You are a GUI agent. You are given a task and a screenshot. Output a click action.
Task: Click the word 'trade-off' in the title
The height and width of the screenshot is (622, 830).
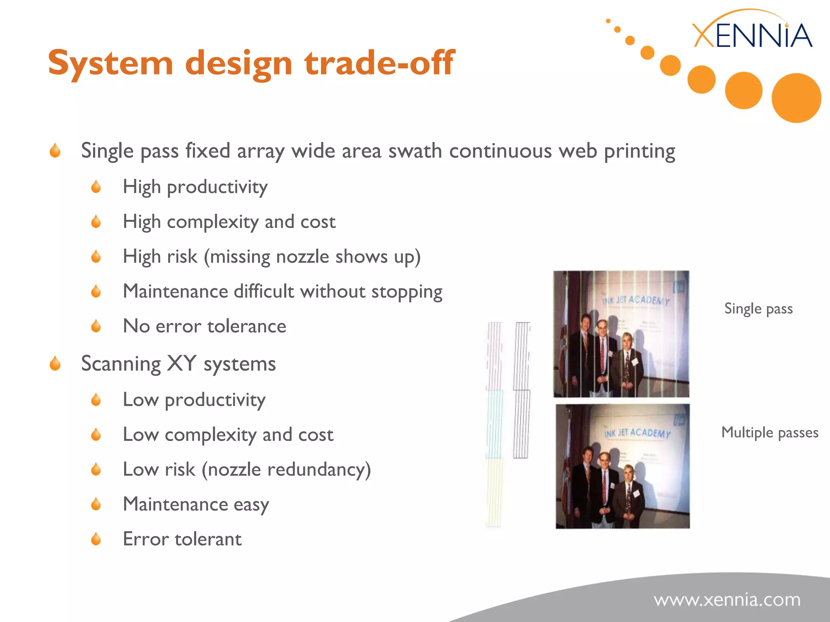click(x=379, y=63)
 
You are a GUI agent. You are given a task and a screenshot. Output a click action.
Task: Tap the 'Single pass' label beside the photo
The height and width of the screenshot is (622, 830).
click(x=758, y=309)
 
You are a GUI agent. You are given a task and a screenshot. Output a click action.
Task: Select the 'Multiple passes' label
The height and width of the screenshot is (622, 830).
click(x=770, y=432)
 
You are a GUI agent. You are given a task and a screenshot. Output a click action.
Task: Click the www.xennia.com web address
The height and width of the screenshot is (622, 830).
click(x=727, y=600)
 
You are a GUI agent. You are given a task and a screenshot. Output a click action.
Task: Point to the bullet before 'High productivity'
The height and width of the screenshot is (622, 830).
click(x=96, y=187)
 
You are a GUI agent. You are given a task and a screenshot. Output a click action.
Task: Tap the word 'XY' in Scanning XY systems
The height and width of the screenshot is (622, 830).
click(x=182, y=363)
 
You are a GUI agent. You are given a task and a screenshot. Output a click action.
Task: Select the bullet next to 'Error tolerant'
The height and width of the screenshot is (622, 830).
click(x=96, y=539)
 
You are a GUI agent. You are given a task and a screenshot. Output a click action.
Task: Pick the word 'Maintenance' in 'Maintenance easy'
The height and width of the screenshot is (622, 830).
click(x=175, y=505)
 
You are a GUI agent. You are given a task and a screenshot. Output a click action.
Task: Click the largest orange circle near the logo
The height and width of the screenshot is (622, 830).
click(x=796, y=98)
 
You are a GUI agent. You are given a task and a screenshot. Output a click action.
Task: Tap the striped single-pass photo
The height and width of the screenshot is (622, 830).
click(x=621, y=334)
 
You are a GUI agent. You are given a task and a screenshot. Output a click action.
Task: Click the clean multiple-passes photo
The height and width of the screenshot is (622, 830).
click(x=622, y=466)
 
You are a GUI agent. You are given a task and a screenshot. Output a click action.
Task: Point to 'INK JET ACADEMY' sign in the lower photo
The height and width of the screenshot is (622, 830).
click(x=637, y=433)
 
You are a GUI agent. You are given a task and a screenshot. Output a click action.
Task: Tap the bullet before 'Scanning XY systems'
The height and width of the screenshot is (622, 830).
click(x=55, y=363)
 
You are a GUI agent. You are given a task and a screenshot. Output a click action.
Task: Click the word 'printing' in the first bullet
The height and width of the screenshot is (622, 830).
click(x=639, y=151)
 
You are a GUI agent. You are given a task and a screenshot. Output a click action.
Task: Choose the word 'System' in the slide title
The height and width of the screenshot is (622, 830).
click(x=111, y=63)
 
